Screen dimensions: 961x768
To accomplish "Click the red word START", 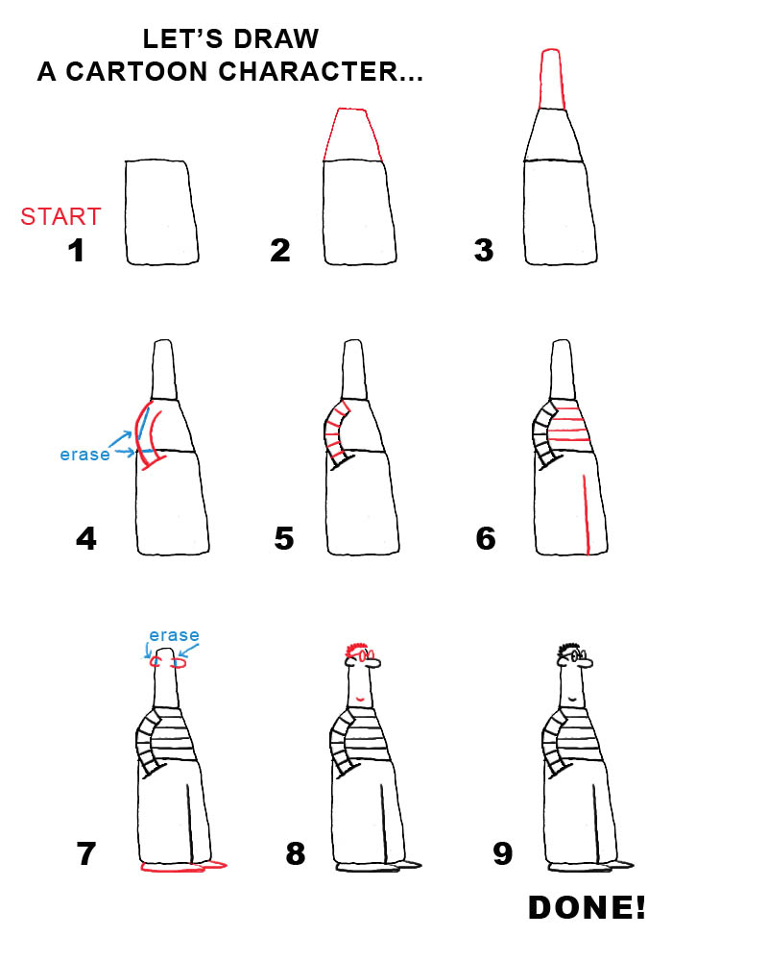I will click(60, 216).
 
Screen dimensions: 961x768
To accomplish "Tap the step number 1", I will click(74, 251).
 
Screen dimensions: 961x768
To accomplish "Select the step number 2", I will click(280, 251).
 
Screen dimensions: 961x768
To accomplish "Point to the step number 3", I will click(484, 251).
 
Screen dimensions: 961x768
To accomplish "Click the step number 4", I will click(85, 538).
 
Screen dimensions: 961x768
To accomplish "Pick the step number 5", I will click(283, 538).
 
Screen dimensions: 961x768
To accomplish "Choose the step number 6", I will click(486, 538).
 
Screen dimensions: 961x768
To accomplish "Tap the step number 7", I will click(86, 852).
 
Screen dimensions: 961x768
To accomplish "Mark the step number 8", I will click(296, 852).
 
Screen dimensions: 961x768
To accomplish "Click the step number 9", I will click(502, 852).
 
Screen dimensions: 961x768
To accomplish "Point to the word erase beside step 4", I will click(84, 455).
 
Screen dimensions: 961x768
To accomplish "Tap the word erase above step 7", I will click(174, 635).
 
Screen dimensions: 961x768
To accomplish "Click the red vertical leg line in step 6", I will click(585, 514).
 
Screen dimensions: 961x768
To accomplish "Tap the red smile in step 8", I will click(361, 698).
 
